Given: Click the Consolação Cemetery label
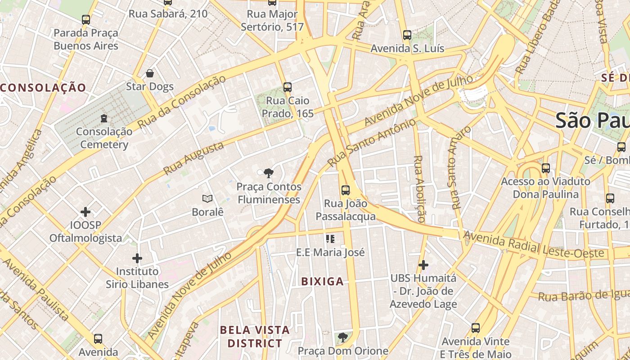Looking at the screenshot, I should (x=104, y=138).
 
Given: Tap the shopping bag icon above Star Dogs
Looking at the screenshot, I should (x=150, y=73).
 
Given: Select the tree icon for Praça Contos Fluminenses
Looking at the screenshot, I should (x=269, y=173).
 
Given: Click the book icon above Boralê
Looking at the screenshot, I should (x=207, y=198).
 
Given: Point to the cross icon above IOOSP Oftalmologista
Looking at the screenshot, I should (x=85, y=211).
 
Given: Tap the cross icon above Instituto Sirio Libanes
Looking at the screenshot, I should (x=137, y=258).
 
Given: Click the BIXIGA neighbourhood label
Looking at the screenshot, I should (x=322, y=282).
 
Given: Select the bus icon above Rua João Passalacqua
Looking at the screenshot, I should (x=346, y=190).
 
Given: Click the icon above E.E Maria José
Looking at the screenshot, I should (x=330, y=239).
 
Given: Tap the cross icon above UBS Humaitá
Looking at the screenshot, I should (x=423, y=265).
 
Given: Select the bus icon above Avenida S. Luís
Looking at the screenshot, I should (x=407, y=35).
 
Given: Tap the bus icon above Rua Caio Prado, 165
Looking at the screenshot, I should (x=288, y=87).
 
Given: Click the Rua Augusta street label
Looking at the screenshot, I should (x=193, y=158).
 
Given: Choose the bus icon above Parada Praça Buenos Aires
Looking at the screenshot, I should (x=86, y=20).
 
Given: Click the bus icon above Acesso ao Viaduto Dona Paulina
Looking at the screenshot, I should (x=546, y=168).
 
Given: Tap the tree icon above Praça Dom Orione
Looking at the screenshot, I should (x=343, y=337).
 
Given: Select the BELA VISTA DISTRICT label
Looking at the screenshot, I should (x=255, y=337).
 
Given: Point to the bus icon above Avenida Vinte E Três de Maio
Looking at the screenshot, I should (x=476, y=328).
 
